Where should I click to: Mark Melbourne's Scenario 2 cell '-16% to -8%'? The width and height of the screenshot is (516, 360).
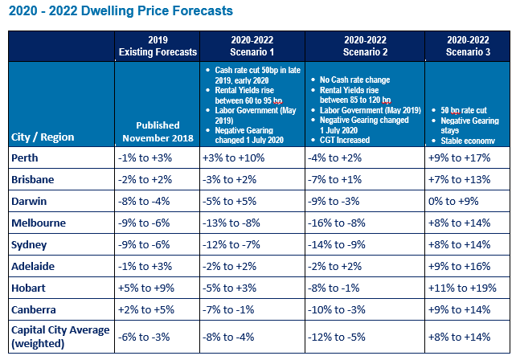[337, 222]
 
